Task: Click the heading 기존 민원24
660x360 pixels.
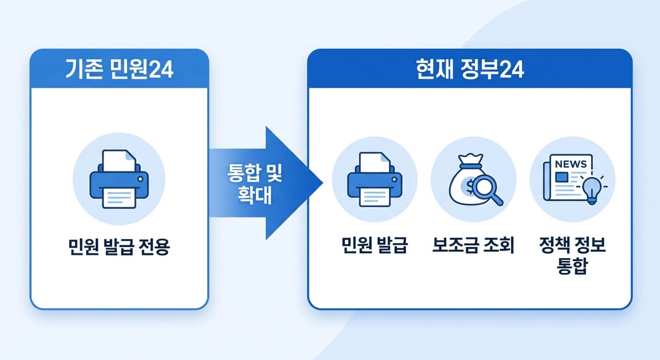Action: pos(119,70)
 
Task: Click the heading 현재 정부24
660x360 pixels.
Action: pos(470,70)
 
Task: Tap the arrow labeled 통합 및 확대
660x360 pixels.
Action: pos(262,183)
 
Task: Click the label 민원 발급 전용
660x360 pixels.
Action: pos(119,247)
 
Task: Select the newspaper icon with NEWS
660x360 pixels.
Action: pos(568,178)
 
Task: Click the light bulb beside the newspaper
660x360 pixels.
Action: pos(592,189)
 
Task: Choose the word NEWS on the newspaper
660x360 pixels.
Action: pos(570,164)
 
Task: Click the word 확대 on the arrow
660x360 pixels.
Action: pos(255,196)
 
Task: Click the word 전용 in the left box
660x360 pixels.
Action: pos(154,247)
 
